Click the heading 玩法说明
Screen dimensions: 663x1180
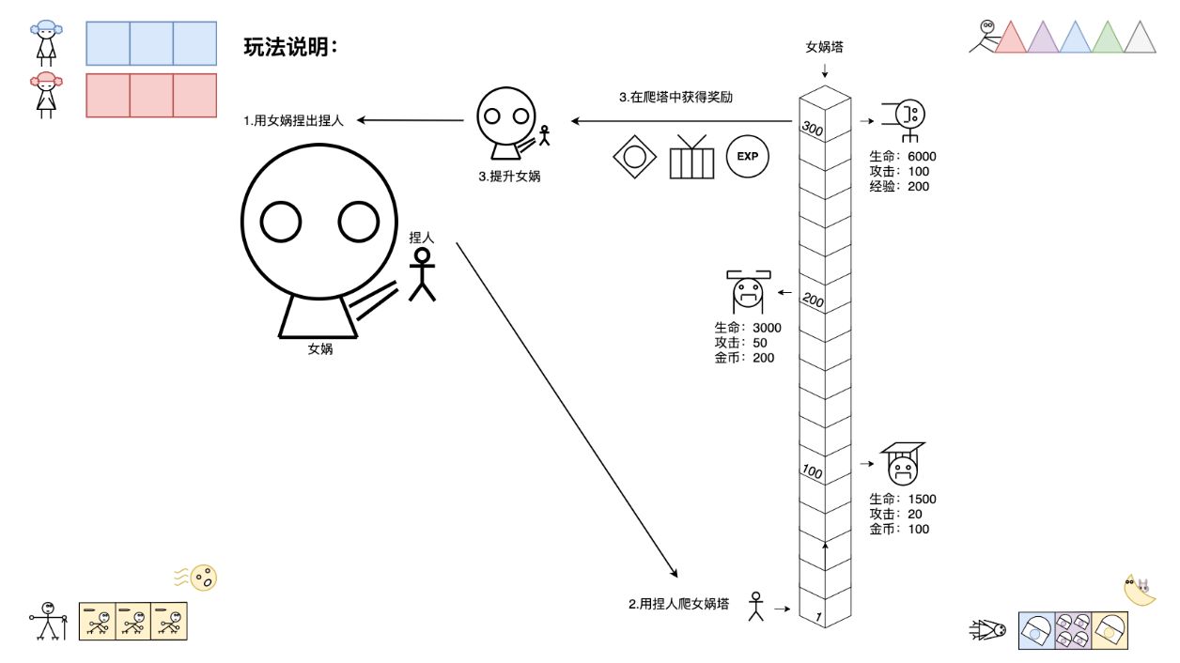tap(289, 47)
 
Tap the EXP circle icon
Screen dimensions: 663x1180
tap(747, 156)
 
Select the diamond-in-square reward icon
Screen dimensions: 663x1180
tap(634, 156)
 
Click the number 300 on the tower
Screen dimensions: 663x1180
tap(813, 130)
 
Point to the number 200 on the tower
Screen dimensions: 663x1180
tap(813, 301)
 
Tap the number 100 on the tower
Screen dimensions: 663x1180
tap(813, 470)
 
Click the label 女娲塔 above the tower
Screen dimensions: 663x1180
tap(824, 46)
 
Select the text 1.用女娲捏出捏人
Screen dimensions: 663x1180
tap(294, 120)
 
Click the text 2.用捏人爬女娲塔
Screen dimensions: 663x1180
tap(679, 604)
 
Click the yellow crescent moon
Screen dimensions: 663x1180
tap(1140, 591)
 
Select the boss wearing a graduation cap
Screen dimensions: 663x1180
tap(903, 462)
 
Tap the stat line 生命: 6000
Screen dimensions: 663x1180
tap(903, 157)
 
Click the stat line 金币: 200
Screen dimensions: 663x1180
tap(744, 358)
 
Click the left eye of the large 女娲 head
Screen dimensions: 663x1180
tap(280, 223)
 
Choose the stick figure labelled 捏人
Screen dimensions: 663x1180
tap(423, 274)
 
